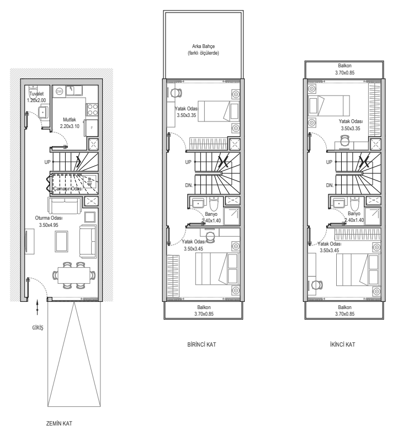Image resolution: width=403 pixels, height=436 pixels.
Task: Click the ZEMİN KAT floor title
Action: click(59, 423)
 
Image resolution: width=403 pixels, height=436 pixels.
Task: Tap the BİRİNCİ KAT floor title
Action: click(201, 344)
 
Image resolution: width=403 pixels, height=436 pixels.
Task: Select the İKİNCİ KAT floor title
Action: click(342, 344)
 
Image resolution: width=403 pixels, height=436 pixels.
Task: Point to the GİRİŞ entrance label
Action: click(38, 328)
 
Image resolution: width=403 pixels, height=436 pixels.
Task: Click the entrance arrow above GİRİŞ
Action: click(38, 307)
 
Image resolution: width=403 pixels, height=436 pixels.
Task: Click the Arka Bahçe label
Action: click(203, 46)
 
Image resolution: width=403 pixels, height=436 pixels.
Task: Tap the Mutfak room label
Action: click(69, 120)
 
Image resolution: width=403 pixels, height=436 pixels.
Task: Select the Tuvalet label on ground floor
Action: click(36, 94)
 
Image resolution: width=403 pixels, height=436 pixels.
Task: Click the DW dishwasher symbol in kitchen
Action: click(59, 91)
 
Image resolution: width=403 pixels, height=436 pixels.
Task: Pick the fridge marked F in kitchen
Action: click(92, 128)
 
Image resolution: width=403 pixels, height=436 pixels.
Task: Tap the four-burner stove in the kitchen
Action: click(92, 109)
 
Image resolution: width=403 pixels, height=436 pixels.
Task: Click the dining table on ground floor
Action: click(74, 275)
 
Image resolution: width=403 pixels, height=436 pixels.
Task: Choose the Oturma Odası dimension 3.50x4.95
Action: click(49, 225)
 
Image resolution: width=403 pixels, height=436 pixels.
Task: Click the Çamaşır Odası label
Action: click(68, 189)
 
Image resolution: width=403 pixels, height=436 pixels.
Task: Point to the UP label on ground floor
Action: click(47, 162)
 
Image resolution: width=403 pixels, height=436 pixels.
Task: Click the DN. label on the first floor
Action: click(189, 185)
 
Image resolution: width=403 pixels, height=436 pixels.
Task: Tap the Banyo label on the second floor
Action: click(354, 214)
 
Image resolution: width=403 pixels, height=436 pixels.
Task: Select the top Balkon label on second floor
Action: click(344, 66)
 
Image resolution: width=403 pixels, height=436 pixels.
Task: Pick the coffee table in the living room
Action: click(61, 241)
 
